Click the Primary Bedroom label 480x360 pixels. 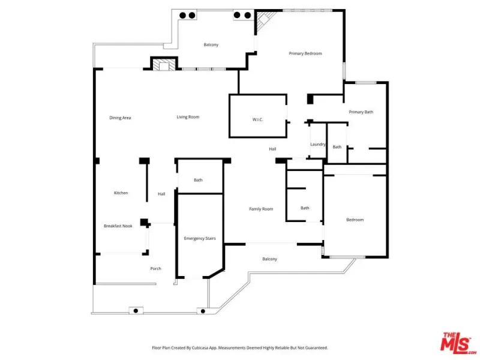point(305,53)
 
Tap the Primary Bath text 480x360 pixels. point(361,112)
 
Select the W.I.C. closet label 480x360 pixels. point(258,119)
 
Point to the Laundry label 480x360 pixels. point(318,145)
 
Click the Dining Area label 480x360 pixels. point(120,118)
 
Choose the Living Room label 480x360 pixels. point(188,117)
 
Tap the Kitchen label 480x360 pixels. point(121,193)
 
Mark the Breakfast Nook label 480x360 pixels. point(118,226)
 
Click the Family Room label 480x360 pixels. point(261,209)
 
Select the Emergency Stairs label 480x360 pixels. point(200,238)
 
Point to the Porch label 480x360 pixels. point(155,268)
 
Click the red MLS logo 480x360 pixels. point(458,343)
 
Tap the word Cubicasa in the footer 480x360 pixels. point(200,348)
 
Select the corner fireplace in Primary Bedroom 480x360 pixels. point(264,20)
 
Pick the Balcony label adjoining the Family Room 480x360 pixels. point(269,259)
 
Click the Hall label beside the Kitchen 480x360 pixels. point(161,194)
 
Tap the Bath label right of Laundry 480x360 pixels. point(337,147)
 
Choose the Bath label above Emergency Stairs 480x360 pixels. point(198,180)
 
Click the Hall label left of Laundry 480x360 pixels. point(272,149)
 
